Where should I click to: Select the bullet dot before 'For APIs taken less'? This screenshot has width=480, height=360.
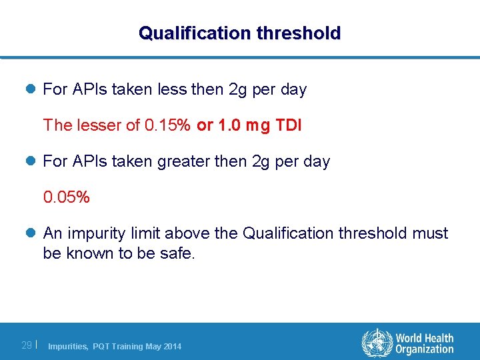click(x=31, y=89)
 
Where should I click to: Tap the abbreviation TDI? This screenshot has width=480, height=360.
click(x=287, y=125)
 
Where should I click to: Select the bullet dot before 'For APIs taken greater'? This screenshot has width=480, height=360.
click(x=31, y=161)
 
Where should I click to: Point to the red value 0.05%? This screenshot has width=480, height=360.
click(x=67, y=197)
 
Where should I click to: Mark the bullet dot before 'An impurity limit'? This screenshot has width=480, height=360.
click(x=31, y=233)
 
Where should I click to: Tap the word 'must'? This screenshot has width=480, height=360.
click(x=430, y=233)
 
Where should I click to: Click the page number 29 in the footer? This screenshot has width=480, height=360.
click(x=27, y=345)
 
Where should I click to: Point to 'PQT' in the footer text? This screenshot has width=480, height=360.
click(x=102, y=346)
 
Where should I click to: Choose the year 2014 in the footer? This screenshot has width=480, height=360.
click(x=171, y=346)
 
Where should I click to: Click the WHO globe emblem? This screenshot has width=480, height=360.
click(x=377, y=343)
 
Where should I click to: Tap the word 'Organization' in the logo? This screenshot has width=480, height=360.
click(x=424, y=349)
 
